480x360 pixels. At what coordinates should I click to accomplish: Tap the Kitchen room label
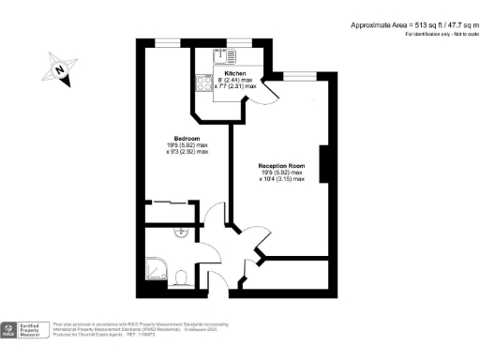point(234,71)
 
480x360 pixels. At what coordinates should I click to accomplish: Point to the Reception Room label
point(282,165)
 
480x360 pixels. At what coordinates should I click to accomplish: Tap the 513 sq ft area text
point(412,24)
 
